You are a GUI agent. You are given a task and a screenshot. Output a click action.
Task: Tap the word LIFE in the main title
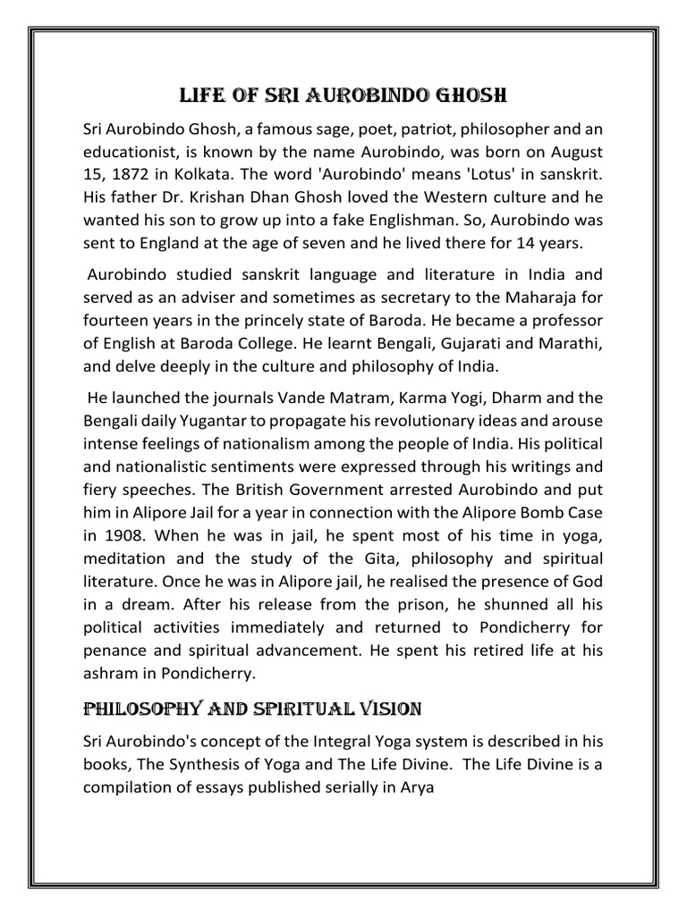pyautogui.click(x=202, y=96)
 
